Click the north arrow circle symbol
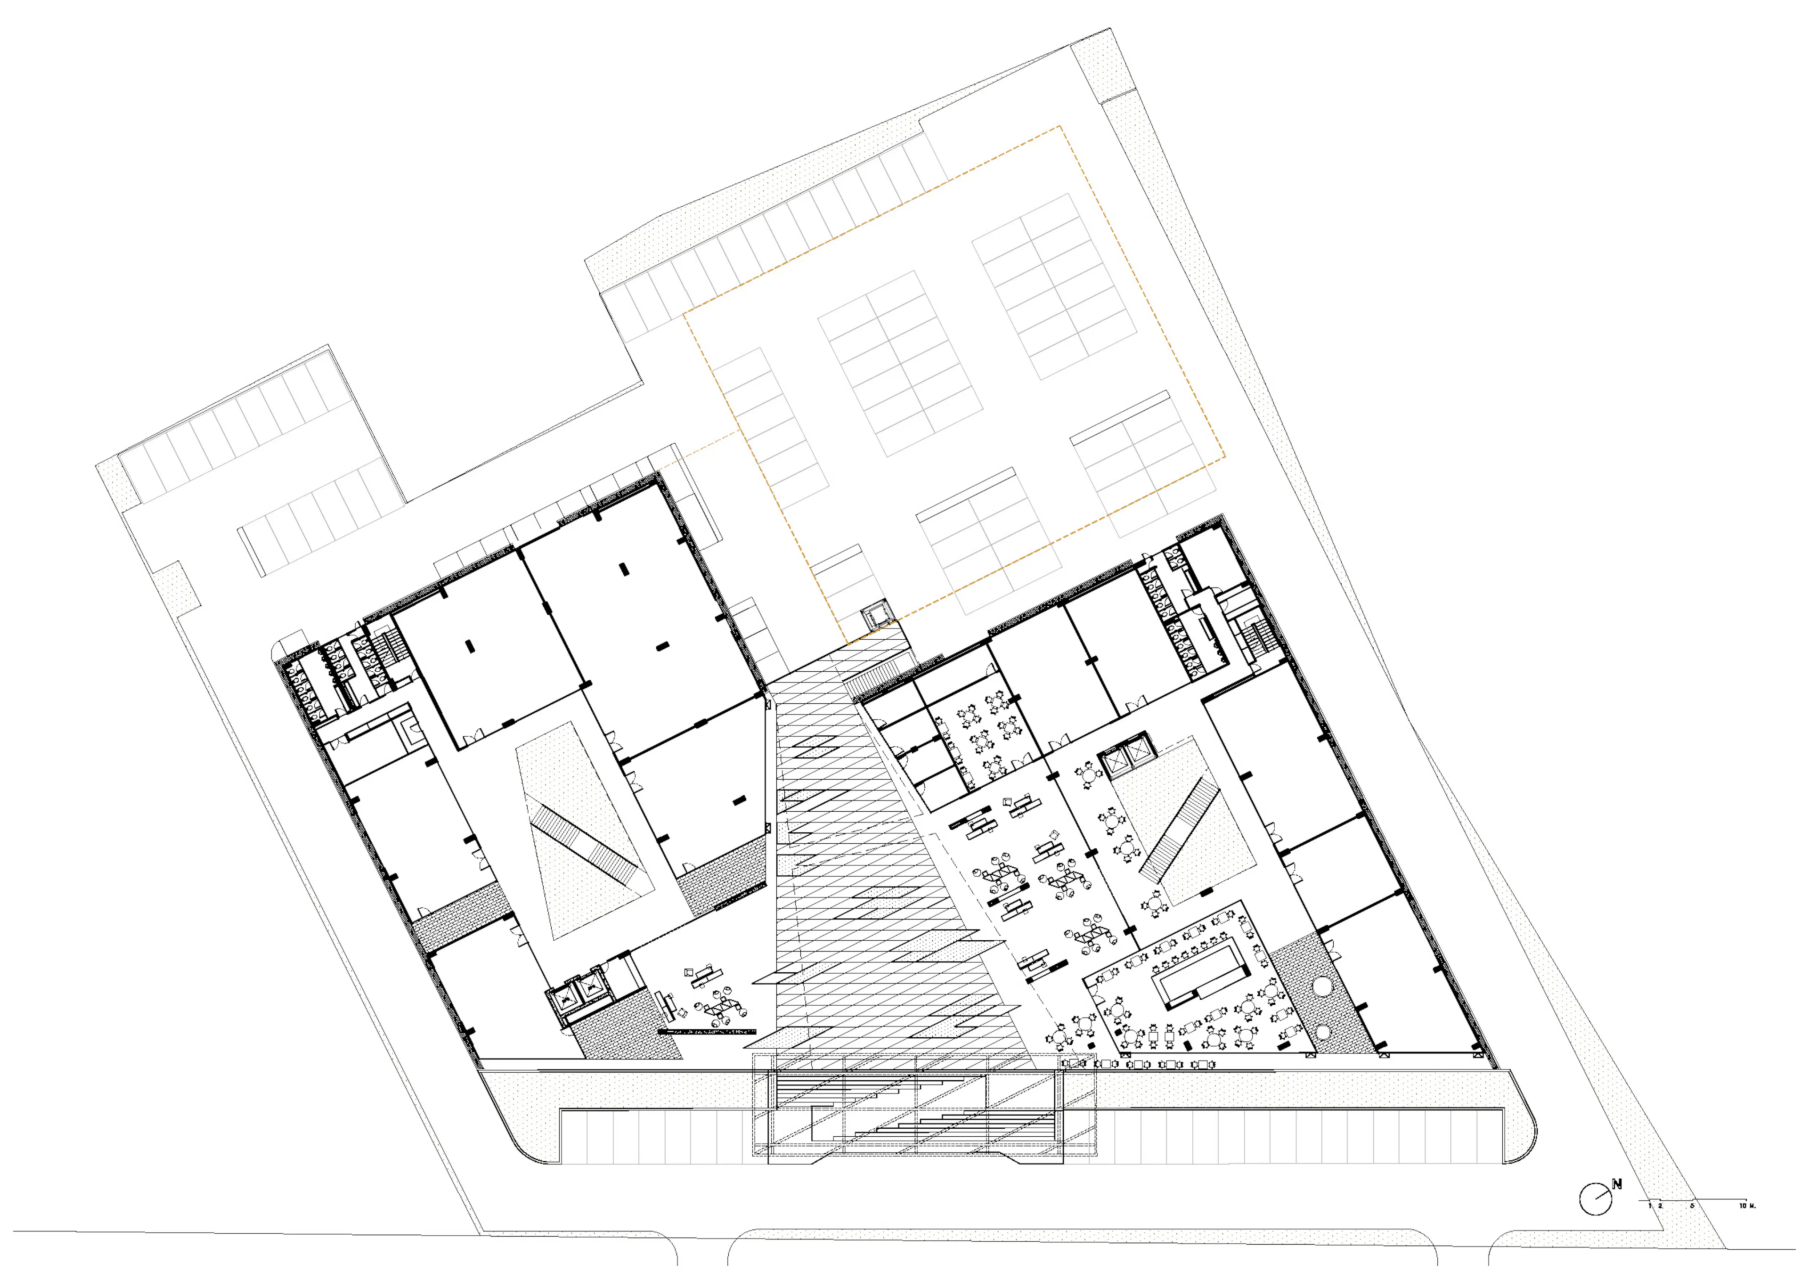pos(1596,1199)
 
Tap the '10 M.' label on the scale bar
pos(1748,1206)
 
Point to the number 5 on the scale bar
pos(1692,1206)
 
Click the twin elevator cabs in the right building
pos(1125,757)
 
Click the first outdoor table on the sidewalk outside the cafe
pos(1074,1064)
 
